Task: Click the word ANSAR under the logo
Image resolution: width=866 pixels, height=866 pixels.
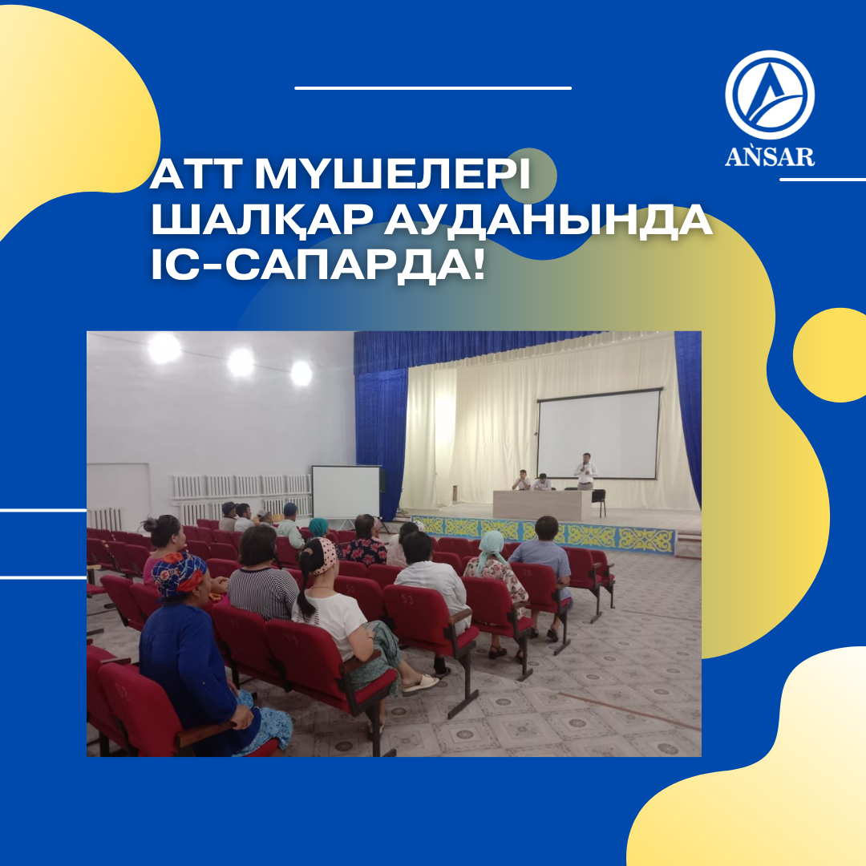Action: pos(769,156)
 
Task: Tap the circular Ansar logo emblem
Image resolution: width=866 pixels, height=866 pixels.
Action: pos(770,95)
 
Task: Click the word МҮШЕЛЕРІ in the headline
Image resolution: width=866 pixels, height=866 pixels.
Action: pos(392,175)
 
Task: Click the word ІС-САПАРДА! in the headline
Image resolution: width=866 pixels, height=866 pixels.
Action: pos(318,264)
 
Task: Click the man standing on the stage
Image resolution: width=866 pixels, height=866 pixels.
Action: pos(585,471)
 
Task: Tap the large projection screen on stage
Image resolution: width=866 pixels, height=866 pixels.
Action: pos(599,434)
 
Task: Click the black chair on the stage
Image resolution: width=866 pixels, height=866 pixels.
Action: pos(599,500)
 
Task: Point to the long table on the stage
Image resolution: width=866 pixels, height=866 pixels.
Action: pos(542,505)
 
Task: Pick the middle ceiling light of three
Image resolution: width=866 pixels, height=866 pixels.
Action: pos(241,363)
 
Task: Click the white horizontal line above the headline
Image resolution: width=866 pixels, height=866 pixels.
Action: pos(433,88)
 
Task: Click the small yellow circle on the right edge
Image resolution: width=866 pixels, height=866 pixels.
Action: pos(830,355)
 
